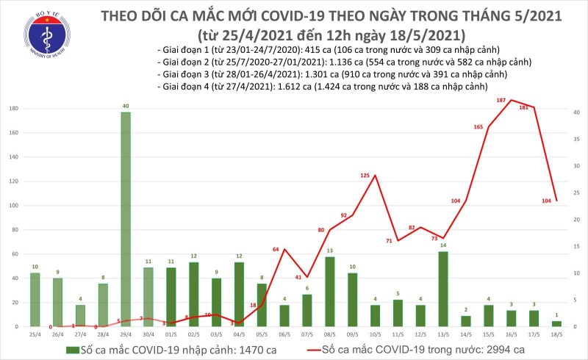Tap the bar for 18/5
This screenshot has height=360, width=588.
tap(556, 323)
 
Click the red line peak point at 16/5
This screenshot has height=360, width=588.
tap(511, 100)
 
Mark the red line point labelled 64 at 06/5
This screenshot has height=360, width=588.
tap(284, 249)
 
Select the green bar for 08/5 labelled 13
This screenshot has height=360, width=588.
tap(329, 291)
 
